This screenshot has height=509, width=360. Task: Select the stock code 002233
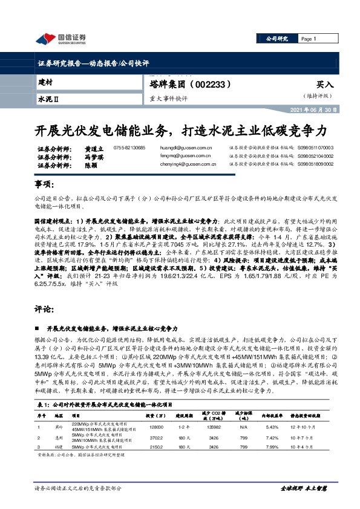(213, 86)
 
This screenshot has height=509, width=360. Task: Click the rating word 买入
(325, 86)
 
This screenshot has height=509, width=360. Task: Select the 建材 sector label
(45, 82)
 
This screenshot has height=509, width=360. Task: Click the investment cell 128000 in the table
(154, 427)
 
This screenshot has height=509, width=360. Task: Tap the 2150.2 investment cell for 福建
(154, 447)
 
